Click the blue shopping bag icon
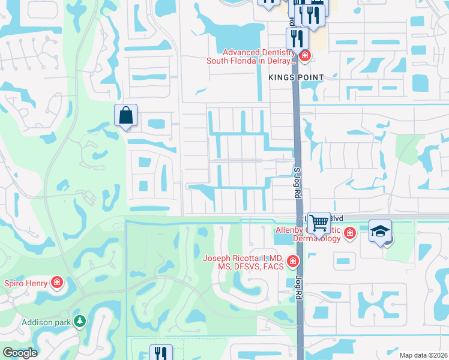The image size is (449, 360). tap(126, 115)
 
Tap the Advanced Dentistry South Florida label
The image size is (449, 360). tap(251, 56)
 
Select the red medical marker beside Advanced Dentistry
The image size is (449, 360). tap(305, 56)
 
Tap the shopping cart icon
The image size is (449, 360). tap(319, 223)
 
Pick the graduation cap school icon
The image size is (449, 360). tap(380, 231)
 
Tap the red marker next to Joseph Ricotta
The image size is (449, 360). tap(292, 261)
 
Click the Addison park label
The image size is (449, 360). tap(46, 322)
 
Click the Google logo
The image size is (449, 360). tap(20, 353)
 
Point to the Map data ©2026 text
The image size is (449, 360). tap(423, 355)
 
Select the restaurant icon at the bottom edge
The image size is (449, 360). tap(160, 353)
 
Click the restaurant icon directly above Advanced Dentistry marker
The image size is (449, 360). tap(297, 38)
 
